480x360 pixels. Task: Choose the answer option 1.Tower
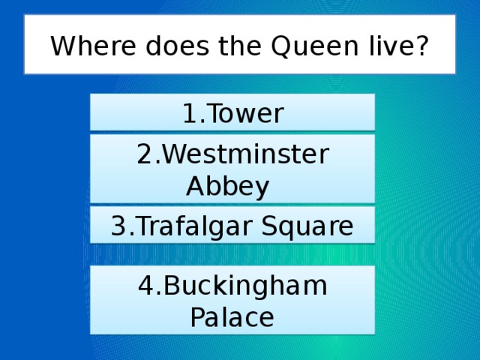coord(232,114)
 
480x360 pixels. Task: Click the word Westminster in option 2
coord(244,155)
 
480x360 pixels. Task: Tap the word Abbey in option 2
coord(227,185)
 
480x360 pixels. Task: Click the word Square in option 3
coord(313,226)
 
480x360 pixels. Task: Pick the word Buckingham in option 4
coord(244,286)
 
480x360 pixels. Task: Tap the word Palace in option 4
coord(232,316)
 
